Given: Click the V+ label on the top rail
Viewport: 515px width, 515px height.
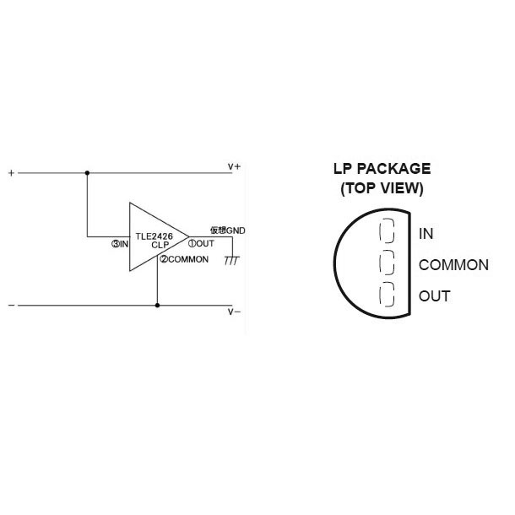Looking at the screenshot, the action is [234, 167].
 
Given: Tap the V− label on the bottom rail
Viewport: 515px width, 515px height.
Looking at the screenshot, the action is [234, 312].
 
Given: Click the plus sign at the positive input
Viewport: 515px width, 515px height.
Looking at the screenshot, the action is [12, 173].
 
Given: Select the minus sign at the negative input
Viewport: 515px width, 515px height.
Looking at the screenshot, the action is [12, 306].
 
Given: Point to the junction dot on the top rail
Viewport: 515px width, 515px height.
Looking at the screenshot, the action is [87, 173].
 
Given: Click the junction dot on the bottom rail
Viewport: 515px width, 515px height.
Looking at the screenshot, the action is [157, 306].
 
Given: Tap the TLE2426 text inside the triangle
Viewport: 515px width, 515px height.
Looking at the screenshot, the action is [154, 236].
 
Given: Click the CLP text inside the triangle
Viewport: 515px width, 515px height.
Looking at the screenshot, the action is [160, 245].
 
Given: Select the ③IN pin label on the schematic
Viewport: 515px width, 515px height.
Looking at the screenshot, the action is [120, 244].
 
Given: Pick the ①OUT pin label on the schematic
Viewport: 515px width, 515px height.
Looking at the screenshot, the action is [201, 243].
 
